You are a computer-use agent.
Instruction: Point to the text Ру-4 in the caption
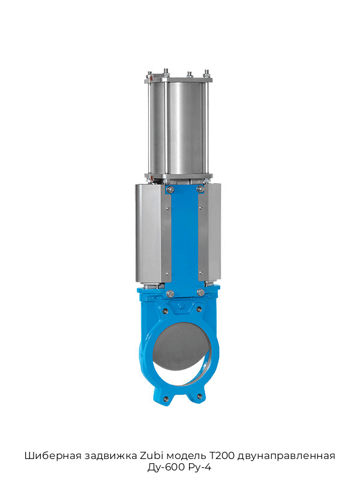pos(200,467)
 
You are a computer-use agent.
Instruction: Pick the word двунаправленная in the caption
pos(286,457)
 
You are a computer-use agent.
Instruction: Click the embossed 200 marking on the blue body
pos(151,298)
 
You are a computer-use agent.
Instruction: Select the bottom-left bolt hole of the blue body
pos(166,398)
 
